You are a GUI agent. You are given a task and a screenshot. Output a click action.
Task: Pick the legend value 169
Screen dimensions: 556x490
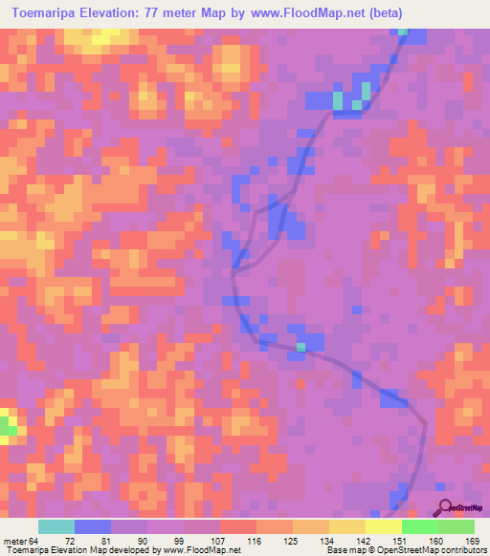472,540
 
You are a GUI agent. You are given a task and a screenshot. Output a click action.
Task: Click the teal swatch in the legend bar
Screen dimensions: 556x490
56,526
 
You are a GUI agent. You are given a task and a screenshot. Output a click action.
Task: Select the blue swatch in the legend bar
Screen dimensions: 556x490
93,526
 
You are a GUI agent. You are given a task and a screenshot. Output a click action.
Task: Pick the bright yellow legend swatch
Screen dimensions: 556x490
383,526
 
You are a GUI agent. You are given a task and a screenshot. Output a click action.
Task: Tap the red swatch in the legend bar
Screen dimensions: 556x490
237,526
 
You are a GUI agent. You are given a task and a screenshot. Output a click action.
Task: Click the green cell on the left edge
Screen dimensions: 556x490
7,428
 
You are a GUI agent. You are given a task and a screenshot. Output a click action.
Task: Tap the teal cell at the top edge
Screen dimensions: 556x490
403,32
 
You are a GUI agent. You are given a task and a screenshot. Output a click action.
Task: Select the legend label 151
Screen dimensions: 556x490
401,540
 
